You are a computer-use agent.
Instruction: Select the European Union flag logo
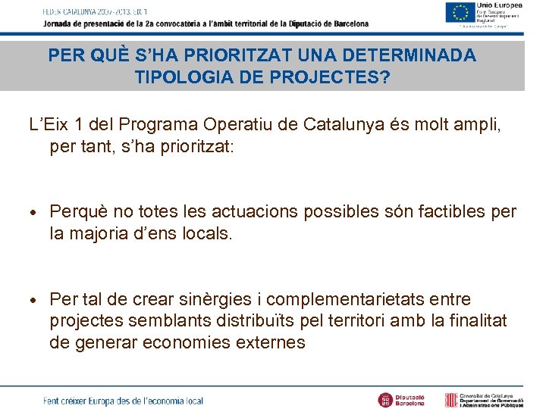pos(459,13)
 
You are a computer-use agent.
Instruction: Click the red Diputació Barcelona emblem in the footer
pos(385,398)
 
